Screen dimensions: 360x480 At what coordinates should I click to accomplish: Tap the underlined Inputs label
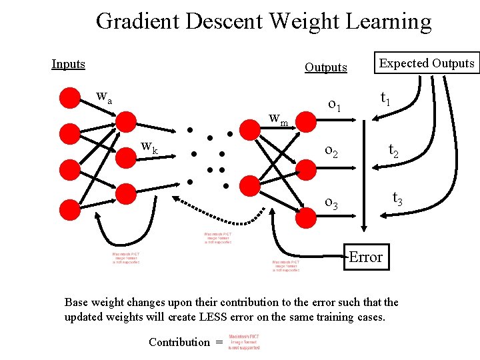pyautogui.click(x=69, y=64)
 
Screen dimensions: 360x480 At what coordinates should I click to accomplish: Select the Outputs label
pyautogui.click(x=326, y=67)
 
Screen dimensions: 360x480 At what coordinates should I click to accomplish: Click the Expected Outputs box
pyautogui.click(x=427, y=63)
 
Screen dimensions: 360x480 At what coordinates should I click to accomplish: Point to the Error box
pyautogui.click(x=365, y=257)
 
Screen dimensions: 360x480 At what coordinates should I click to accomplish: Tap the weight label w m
pyautogui.click(x=278, y=119)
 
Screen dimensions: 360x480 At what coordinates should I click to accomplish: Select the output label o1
pyautogui.click(x=335, y=105)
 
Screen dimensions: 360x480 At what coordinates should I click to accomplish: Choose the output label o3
pyautogui.click(x=331, y=202)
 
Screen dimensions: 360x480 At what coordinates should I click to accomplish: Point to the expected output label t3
pyautogui.click(x=397, y=197)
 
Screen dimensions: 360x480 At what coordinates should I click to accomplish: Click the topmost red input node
pyautogui.click(x=69, y=97)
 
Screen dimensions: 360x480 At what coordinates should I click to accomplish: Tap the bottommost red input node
pyautogui.click(x=69, y=209)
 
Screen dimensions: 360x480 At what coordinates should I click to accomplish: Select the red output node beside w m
pyautogui.click(x=307, y=120)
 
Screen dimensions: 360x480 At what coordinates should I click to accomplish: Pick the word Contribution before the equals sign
pyautogui.click(x=179, y=342)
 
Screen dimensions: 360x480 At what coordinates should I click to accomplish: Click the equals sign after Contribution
pyautogui.click(x=218, y=342)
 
